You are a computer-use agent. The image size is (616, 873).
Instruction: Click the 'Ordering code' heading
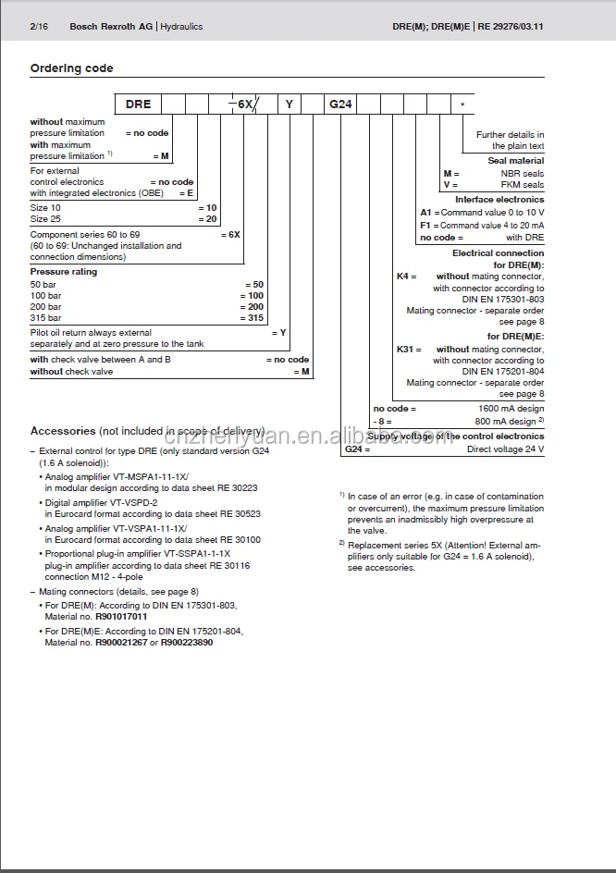coord(72,68)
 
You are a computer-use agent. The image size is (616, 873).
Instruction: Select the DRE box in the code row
coord(138,105)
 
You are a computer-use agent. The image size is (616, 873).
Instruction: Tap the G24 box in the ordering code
coord(341,105)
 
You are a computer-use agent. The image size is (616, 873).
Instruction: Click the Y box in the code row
coord(290,105)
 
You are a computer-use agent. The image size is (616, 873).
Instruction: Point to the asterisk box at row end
coord(462,105)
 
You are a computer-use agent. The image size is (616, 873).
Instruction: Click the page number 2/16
coord(39,27)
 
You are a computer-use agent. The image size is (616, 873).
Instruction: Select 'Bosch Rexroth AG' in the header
coord(110,27)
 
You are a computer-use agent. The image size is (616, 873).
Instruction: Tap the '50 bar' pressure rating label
coord(43,285)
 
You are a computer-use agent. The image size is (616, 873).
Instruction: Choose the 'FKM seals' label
coord(523,184)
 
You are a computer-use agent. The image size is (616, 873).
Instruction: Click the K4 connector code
coord(405,276)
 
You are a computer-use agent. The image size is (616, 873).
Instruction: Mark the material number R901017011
coord(121,615)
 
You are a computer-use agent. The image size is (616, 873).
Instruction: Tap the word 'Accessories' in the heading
coord(63,431)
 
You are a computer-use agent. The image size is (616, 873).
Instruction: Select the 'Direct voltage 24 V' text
coord(505,449)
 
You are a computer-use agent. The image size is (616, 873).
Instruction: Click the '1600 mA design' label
coord(511,409)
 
